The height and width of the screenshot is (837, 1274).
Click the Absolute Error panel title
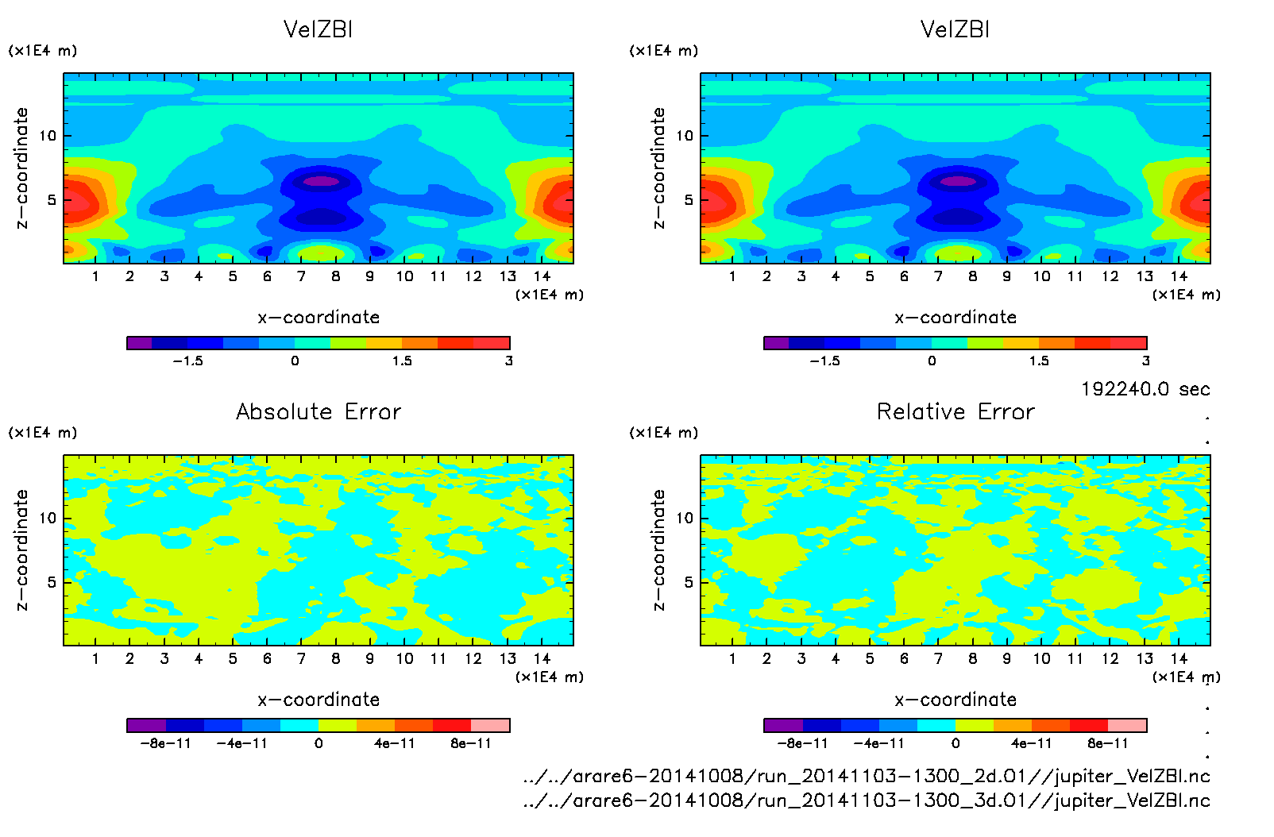click(318, 412)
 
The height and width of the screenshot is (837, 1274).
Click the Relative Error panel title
click(955, 412)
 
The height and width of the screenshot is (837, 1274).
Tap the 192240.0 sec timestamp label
click(1145, 389)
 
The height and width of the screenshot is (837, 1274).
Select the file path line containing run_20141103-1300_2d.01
click(867, 776)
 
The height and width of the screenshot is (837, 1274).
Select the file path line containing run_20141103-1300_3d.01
click(867, 800)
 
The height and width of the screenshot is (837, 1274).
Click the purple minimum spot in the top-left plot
click(322, 181)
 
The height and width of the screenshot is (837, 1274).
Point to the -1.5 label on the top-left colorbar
click(188, 361)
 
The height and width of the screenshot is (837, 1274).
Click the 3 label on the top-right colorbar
click(1146, 361)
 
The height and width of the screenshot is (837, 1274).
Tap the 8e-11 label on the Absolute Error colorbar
click(471, 744)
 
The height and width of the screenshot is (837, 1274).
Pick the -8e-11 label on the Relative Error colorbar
click(803, 744)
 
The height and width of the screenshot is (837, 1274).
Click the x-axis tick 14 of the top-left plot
click(542, 276)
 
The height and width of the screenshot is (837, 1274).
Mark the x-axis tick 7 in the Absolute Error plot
click(301, 659)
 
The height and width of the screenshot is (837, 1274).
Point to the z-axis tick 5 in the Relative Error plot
click(689, 582)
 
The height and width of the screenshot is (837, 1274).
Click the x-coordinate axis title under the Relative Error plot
click(955, 700)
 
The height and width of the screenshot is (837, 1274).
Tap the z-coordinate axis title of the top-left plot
click(21, 168)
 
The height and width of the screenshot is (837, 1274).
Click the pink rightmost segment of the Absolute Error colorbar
click(490, 725)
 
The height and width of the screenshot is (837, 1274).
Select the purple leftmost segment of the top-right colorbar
click(776, 343)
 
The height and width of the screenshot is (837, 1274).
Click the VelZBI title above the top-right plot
click(955, 30)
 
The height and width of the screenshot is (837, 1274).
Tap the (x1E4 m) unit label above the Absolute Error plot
click(43, 433)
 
